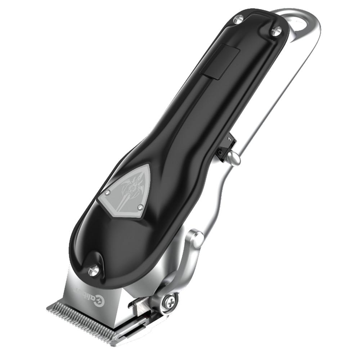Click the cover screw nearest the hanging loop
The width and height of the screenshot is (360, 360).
[276, 31]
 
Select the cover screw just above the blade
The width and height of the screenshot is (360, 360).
[93, 271]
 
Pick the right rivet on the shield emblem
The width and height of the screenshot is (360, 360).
[140, 207]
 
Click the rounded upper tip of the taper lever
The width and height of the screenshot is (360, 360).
[197, 238]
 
